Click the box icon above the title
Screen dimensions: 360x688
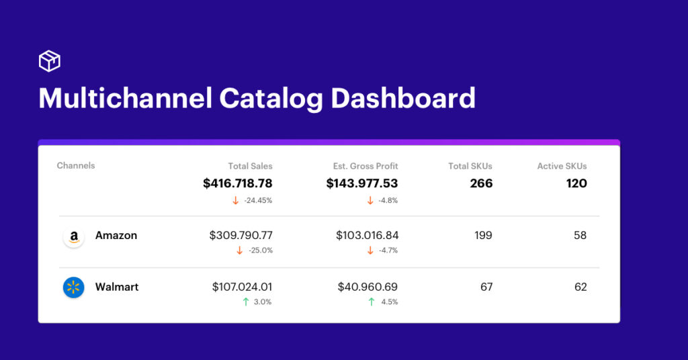50,61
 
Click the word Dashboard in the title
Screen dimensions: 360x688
403,98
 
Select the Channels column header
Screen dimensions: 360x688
76,166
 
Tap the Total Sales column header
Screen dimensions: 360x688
250,166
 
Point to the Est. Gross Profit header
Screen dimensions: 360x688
365,166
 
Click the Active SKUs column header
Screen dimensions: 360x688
562,166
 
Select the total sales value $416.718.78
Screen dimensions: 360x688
238,183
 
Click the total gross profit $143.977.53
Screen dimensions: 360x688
362,183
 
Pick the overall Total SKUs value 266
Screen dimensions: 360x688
481,183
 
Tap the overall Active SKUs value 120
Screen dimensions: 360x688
576,183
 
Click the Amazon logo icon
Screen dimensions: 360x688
73,236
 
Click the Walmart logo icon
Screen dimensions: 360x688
73,287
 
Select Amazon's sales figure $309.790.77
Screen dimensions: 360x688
241,236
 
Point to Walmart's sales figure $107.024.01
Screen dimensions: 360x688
242,287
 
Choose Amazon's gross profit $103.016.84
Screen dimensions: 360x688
367,236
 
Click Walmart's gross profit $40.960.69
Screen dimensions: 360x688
368,287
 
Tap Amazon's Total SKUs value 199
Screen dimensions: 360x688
482,236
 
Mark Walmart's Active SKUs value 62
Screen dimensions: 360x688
580,287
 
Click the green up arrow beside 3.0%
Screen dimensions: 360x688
245,302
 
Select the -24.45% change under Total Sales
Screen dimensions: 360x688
258,200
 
